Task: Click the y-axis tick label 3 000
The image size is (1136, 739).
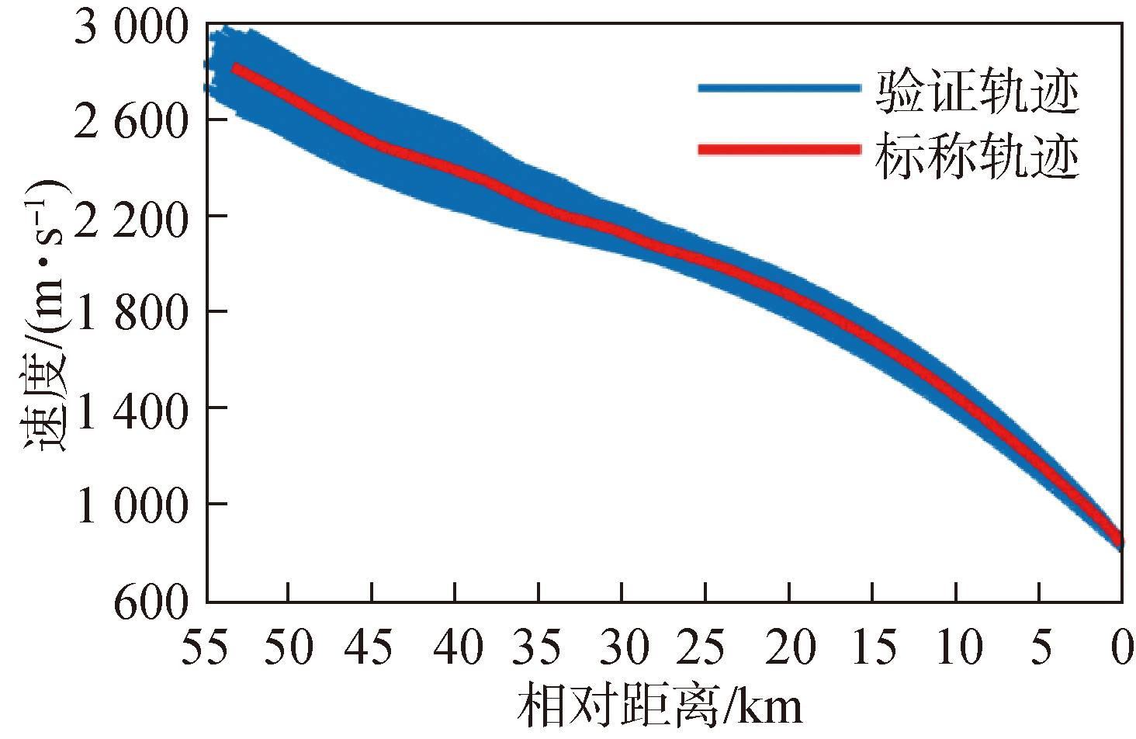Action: pyautogui.click(x=130, y=29)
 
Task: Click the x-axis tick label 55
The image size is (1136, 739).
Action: pyautogui.click(x=206, y=647)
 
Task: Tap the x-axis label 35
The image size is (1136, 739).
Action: pyautogui.click(x=539, y=647)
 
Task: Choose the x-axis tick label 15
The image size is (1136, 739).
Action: pyautogui.click(x=872, y=647)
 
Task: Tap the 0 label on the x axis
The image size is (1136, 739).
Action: pyautogui.click(x=1120, y=647)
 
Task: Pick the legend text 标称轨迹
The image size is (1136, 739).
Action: pyautogui.click(x=977, y=158)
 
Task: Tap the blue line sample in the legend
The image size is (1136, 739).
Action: pyautogui.click(x=779, y=88)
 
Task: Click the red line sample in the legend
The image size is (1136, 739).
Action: pyautogui.click(x=779, y=150)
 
